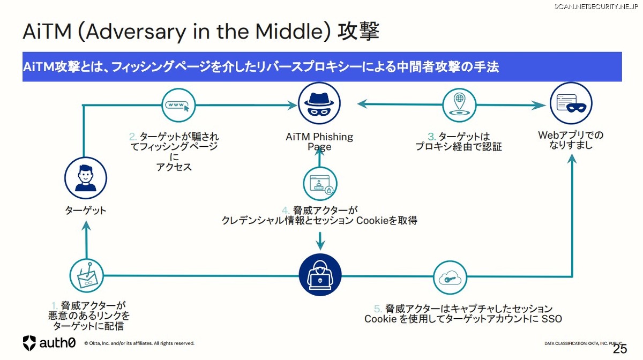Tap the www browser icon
[x=178, y=105]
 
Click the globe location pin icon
[x=459, y=104]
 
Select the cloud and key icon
[x=450, y=277]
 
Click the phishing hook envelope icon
[x=86, y=276]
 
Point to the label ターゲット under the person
[x=86, y=211]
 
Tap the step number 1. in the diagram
[x=55, y=306]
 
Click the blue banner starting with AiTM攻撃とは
[x=322, y=67]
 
